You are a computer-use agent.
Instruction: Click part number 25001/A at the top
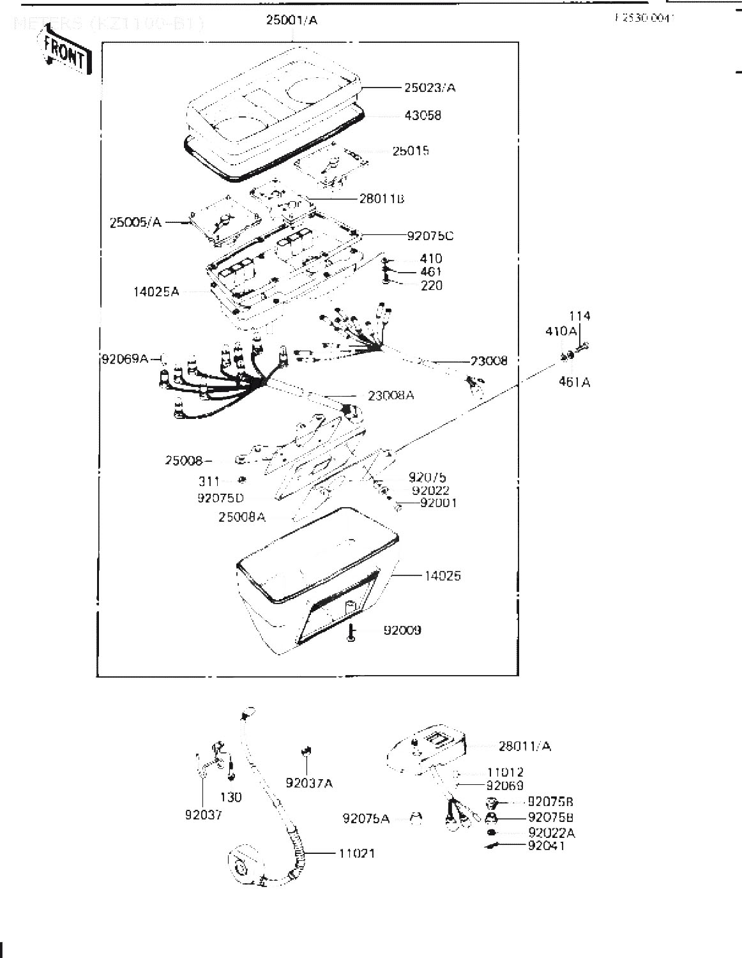pos(292,20)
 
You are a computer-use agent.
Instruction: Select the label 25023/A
pos(430,87)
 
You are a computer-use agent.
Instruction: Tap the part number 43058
pos(422,116)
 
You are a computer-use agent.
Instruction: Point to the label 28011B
pos(381,199)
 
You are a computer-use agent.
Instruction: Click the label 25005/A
pos(135,222)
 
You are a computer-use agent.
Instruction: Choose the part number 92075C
pos(430,236)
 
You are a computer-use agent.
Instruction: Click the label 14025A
pos(156,292)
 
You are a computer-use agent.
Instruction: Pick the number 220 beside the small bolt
pos(431,285)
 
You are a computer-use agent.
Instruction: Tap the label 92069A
pos(125,359)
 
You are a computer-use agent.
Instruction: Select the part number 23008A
pos(391,395)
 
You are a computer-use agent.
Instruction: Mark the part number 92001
pos(439,503)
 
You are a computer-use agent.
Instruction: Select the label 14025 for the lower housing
pos(443,575)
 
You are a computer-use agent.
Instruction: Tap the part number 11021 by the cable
pos(357,853)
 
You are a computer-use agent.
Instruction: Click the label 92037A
pos(309,783)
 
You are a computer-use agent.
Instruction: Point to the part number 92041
pos(547,846)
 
